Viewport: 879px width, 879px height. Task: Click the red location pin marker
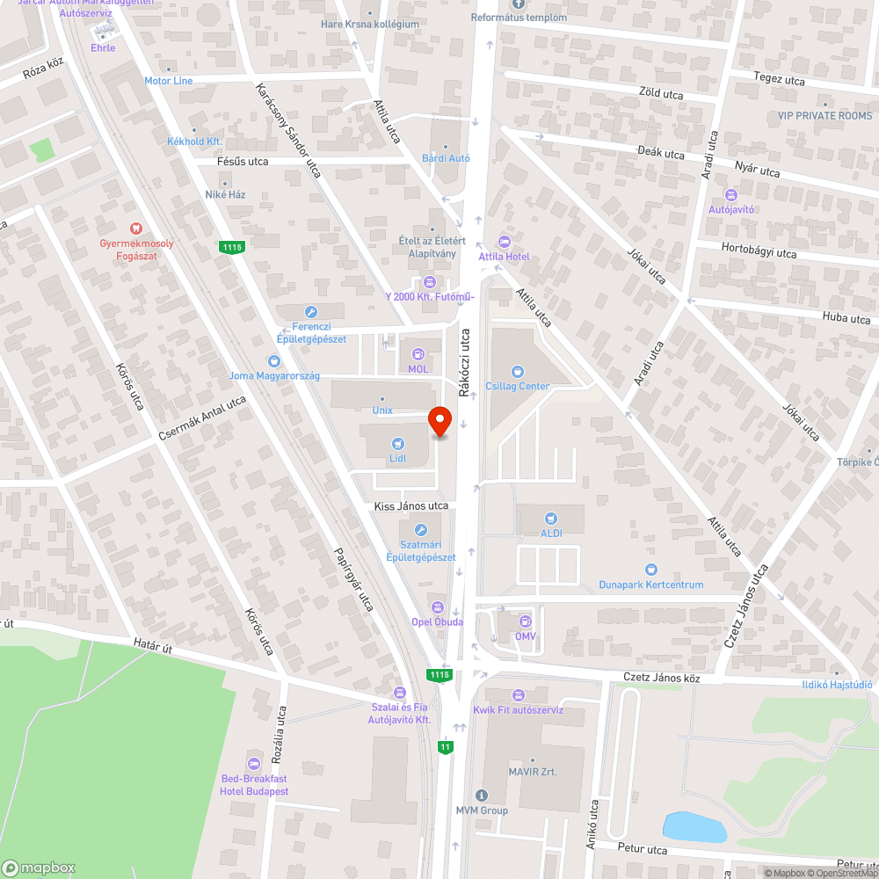point(439,421)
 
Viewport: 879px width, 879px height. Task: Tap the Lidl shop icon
point(397,444)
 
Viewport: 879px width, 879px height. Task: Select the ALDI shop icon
point(551,518)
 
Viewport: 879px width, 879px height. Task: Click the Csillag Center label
point(521,386)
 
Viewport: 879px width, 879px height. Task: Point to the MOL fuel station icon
point(418,354)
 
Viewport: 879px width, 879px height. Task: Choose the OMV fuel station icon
point(525,621)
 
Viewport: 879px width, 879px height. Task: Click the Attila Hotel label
point(504,256)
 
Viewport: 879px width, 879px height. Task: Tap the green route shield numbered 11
point(447,747)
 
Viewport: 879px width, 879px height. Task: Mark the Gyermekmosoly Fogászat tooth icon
point(135,229)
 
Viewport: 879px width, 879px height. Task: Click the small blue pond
point(694,827)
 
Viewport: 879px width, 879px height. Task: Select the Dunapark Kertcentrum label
point(651,585)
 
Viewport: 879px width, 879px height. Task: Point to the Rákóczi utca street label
point(465,360)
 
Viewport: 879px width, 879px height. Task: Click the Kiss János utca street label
point(411,506)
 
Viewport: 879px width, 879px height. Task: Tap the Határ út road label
point(153,649)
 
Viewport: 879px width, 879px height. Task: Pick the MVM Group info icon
point(481,795)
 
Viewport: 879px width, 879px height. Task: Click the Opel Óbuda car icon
point(437,607)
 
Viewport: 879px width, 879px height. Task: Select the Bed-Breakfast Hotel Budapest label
point(254,785)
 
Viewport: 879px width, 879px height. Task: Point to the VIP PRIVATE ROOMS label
point(825,116)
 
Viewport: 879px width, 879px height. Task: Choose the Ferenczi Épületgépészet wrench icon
point(310,312)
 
